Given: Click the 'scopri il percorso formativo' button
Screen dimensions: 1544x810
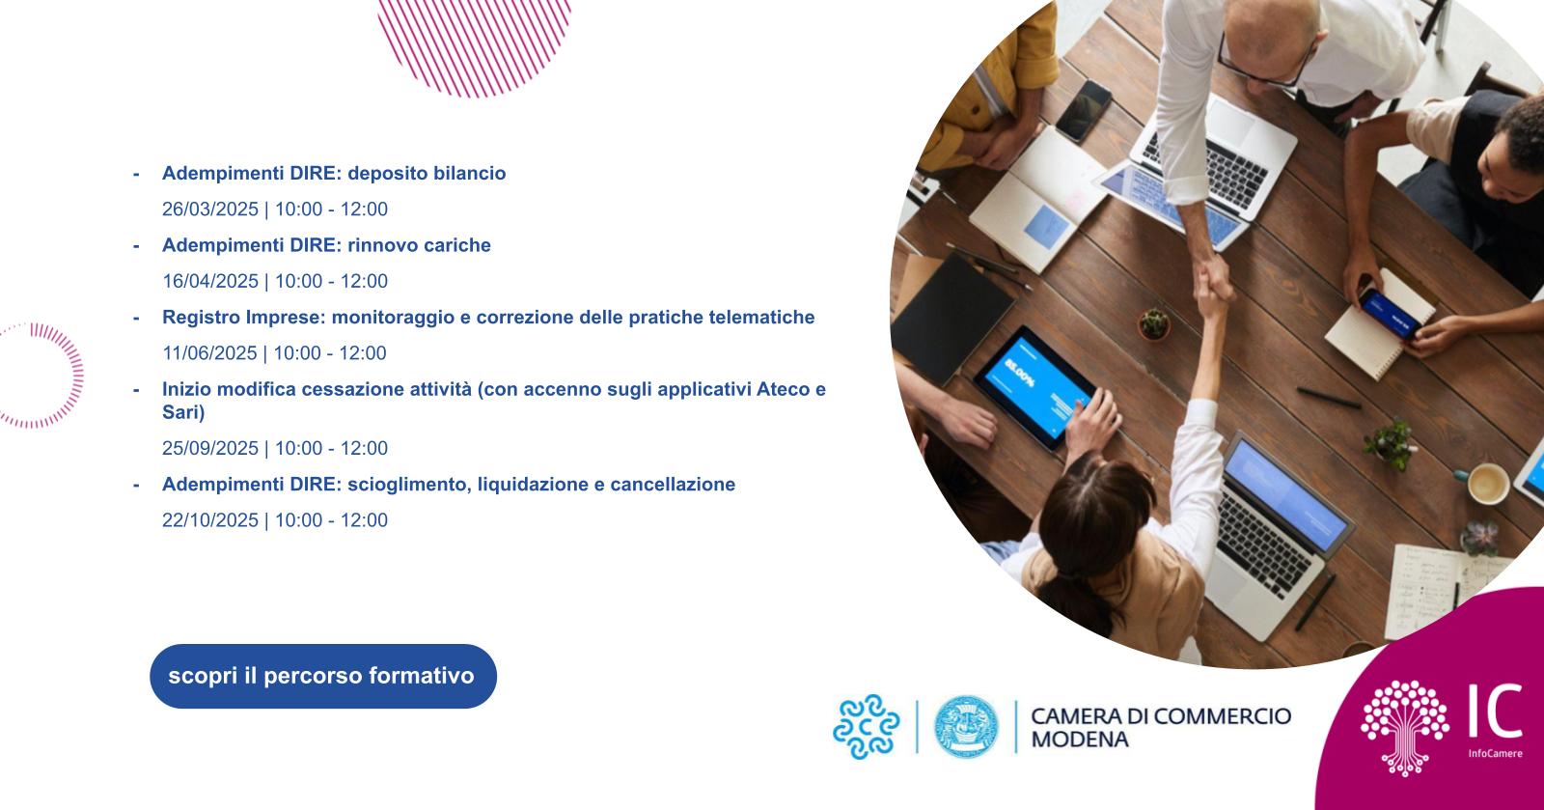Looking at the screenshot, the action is click(323, 676).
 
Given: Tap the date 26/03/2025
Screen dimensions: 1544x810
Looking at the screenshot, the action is click(210, 209).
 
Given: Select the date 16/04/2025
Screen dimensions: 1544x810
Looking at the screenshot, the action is click(210, 281).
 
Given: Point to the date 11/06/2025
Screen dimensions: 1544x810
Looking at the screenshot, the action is click(209, 353).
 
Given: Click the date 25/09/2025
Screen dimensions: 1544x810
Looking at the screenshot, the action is click(210, 448).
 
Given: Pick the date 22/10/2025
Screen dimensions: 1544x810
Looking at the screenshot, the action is click(210, 519).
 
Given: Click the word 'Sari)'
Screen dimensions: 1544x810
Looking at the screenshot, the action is click(183, 412).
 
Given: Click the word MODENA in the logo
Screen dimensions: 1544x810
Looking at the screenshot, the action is click(1080, 740).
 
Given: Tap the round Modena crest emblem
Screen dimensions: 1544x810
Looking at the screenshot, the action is click(966, 727).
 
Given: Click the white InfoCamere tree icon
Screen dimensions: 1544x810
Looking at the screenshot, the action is click(1404, 727).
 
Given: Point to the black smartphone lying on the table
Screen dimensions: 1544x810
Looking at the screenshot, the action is click(1084, 111).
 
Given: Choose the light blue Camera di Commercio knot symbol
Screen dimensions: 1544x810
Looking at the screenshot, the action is click(866, 727).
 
